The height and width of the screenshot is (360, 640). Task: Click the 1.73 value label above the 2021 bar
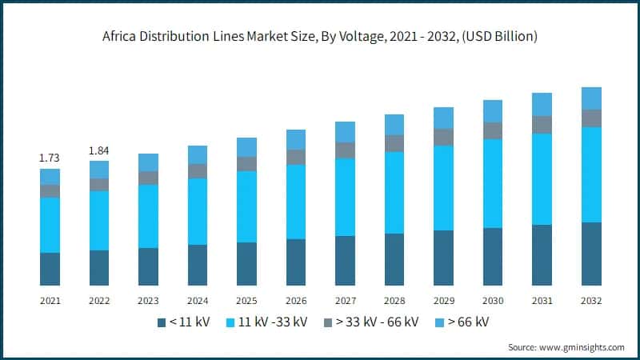(50, 158)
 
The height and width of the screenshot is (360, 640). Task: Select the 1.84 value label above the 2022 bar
(99, 150)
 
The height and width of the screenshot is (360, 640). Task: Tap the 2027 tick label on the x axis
(345, 301)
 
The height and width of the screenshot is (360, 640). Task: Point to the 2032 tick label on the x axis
(591, 301)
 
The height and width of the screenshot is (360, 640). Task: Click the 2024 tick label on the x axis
(198, 301)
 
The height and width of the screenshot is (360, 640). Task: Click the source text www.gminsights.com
(585, 347)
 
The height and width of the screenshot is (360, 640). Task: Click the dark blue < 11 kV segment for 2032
(591, 254)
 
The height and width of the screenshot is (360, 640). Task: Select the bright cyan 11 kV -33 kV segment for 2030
(493, 183)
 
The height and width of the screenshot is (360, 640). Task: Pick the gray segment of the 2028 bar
(394, 143)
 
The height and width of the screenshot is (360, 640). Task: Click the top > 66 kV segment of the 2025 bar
(246, 146)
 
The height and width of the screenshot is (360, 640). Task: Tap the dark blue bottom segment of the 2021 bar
(50, 269)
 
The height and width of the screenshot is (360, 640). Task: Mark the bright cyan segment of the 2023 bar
(148, 216)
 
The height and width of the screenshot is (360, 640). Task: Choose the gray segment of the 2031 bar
(542, 124)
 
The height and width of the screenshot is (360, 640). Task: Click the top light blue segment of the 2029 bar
(443, 118)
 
